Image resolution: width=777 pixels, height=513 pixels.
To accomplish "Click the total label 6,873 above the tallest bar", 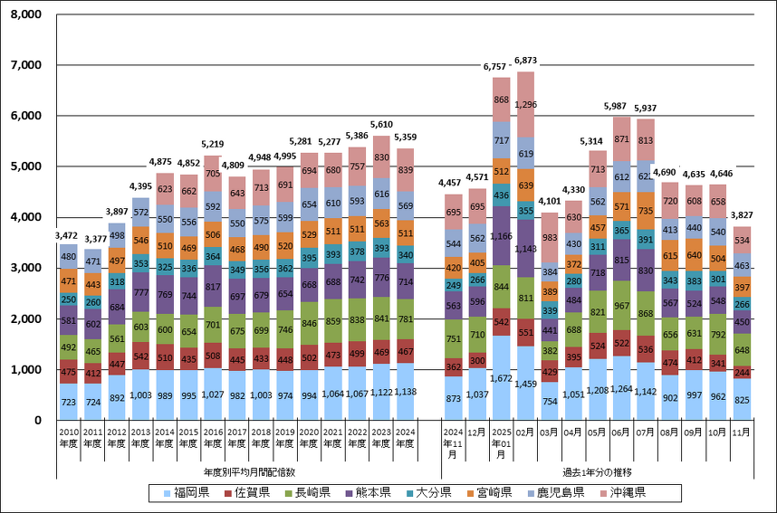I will click(x=526, y=61).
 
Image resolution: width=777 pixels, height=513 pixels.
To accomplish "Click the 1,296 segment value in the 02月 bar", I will click(x=526, y=104).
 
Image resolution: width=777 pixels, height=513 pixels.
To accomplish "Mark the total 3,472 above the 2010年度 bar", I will click(x=69, y=236).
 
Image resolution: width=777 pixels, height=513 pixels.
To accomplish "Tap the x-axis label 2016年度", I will click(x=213, y=442).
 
